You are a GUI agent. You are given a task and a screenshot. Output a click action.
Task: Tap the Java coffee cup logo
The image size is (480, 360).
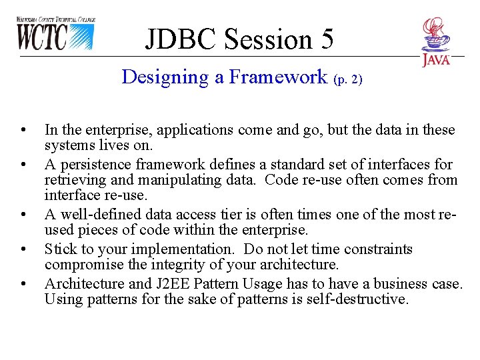click(x=436, y=41)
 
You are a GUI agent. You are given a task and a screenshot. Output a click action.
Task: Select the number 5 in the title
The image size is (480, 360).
click(x=327, y=39)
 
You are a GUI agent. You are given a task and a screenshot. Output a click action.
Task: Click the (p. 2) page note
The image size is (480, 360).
click(x=347, y=79)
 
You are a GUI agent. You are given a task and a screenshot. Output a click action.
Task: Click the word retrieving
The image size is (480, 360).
click(x=73, y=180)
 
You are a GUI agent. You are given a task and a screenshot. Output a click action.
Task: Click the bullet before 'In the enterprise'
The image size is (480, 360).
click(x=23, y=129)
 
